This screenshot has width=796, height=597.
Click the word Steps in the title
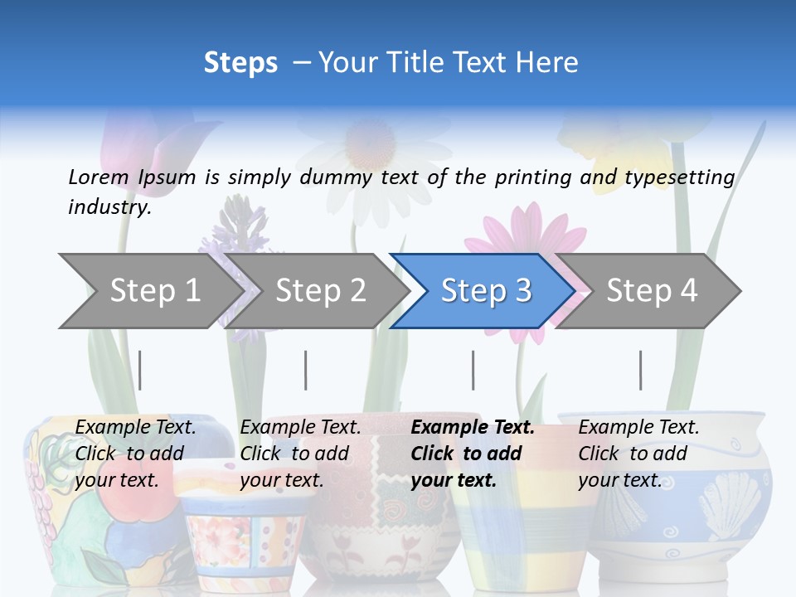pos(240,63)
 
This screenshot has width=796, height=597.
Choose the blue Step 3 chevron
pos(485,291)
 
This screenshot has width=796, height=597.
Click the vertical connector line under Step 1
pos(140,370)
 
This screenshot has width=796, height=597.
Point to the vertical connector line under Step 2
pos(306,370)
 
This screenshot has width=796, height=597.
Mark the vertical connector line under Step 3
pos(473,370)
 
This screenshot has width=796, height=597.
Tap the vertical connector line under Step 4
pos(641,370)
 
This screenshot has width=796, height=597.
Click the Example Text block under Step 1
pos(135,454)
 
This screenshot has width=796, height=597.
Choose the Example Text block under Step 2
pos(300,454)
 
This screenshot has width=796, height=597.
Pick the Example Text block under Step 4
pos(638,454)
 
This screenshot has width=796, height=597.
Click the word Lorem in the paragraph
pos(99,177)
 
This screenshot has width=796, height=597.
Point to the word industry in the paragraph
pos(109,207)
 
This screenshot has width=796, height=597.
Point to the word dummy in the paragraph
pos(335,177)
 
